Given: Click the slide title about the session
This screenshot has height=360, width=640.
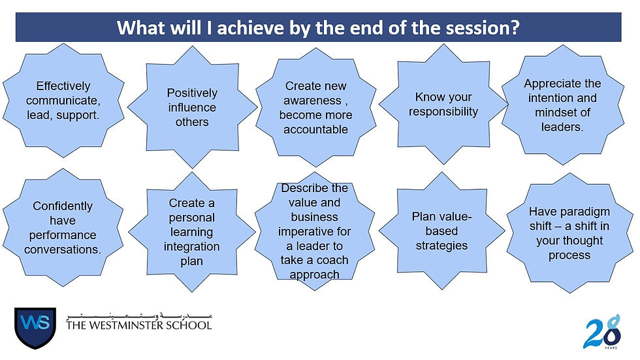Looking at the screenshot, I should coord(318,28).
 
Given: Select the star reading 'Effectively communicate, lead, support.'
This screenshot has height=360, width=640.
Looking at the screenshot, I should coord(63,101).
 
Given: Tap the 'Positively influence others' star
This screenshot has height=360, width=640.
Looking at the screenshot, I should coord(192,107).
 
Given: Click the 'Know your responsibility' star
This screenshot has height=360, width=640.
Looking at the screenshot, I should coord(443,105).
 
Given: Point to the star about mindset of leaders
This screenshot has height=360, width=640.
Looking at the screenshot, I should coord(562,105).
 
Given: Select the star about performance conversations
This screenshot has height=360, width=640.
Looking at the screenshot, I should coord(63,228).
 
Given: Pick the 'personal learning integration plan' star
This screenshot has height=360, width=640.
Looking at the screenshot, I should coord(192,232).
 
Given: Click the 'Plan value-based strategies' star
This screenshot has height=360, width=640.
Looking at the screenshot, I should coord(441,231).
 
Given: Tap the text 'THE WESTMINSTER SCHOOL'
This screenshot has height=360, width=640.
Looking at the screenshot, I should coord(139,325).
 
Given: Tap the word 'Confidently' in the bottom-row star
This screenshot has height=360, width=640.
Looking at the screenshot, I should coord(63,206).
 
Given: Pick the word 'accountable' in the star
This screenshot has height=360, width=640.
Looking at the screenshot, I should coord(316,129).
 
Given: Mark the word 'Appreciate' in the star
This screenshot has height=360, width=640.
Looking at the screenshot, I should coord(562,84).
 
